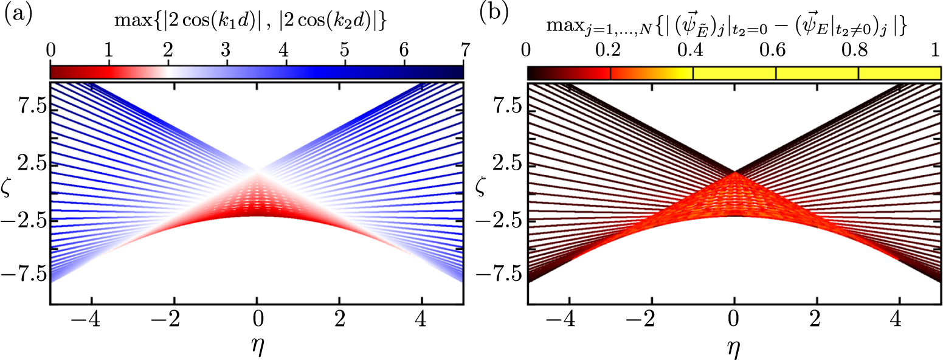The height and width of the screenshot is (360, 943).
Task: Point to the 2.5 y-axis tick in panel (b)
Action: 505,164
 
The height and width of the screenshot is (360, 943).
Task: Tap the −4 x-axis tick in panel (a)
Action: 87,319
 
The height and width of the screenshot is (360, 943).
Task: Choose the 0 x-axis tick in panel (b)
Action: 734,319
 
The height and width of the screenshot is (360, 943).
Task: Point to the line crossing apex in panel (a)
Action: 257,172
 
